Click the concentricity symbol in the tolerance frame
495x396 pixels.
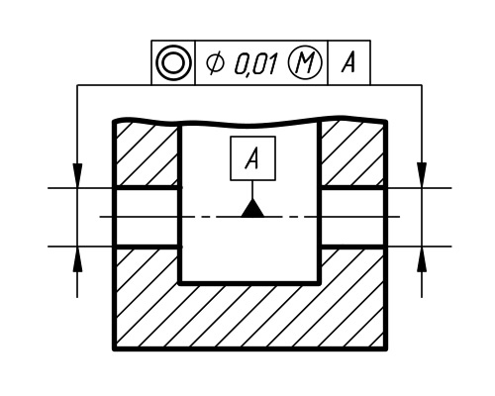173,62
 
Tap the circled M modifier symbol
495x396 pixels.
305,62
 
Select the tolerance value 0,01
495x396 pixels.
256,63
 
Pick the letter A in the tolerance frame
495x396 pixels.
348,62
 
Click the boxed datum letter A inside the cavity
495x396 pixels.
252,158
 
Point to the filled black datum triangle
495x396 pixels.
252,208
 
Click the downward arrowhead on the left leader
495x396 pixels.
77,175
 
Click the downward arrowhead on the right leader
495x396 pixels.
422,175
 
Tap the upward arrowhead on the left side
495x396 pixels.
77,259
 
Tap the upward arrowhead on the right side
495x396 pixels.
422,259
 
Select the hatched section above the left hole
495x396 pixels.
147,155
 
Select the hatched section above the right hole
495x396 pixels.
352,154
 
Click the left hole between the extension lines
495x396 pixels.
148,217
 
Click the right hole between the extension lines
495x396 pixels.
352,217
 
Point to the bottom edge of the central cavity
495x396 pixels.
250,283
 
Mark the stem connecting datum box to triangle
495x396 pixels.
252,190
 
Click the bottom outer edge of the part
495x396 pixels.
250,348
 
